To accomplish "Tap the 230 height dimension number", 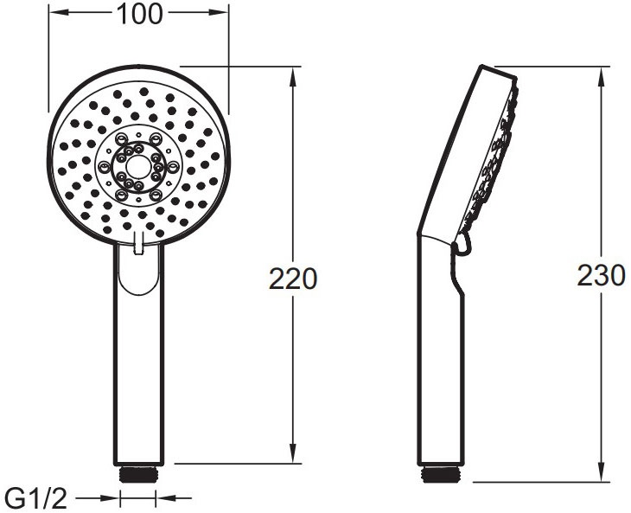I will (x=601, y=276).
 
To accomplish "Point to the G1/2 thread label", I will (x=35, y=498).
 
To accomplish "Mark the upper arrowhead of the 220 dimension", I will (x=295, y=72).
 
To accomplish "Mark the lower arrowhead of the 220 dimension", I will (x=295, y=458).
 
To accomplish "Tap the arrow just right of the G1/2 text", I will (x=110, y=498).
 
